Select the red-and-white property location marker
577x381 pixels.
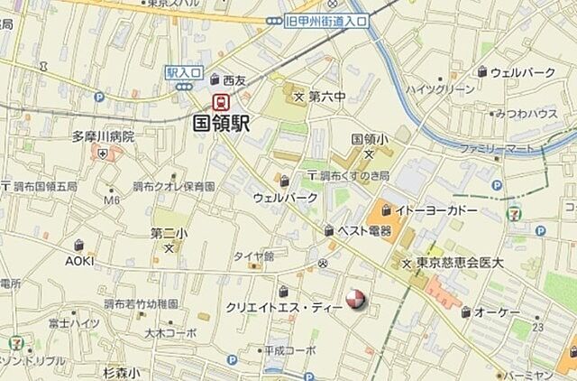(x=357, y=300)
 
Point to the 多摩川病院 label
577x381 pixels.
(x=104, y=136)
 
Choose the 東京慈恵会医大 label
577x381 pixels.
(x=459, y=263)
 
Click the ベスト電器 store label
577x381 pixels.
(x=364, y=231)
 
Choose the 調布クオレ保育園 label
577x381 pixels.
(x=174, y=187)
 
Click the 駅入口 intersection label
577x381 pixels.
(x=181, y=71)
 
